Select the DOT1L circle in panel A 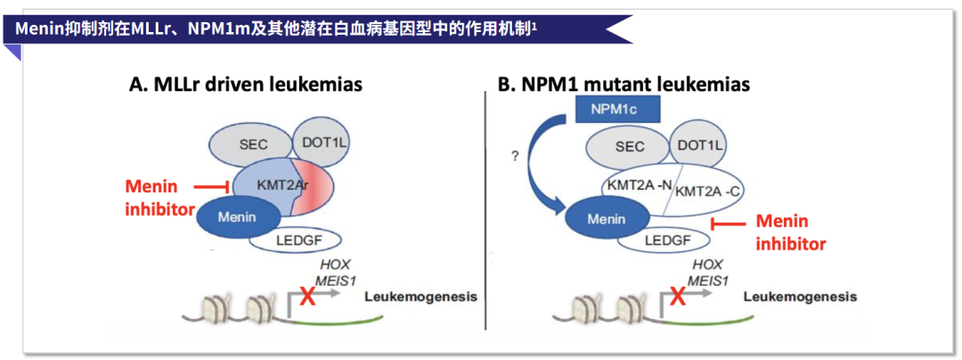point(322,140)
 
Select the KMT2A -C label point(708,191)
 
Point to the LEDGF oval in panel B point(668,239)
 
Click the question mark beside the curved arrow point(514,156)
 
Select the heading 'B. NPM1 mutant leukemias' point(624,85)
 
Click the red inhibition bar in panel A point(214,187)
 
